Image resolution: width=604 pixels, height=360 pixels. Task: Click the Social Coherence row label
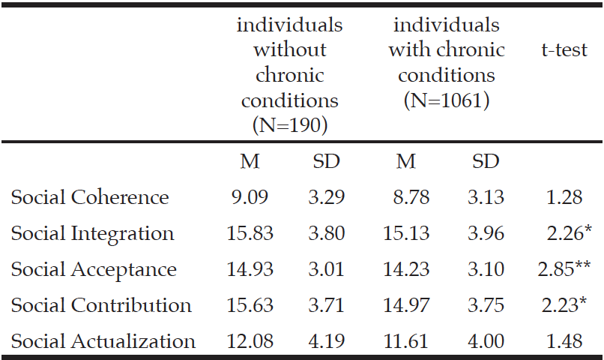[90, 197]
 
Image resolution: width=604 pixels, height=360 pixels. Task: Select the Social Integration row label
[92, 233]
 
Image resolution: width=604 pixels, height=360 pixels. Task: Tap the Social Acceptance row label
[94, 269]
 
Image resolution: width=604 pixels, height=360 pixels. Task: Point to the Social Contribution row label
[101, 305]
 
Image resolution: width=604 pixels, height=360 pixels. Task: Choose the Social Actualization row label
[103, 341]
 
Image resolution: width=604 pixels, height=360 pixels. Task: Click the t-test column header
[564, 49]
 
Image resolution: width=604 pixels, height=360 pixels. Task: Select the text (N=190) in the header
[290, 125]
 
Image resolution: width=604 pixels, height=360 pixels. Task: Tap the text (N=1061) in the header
[447, 100]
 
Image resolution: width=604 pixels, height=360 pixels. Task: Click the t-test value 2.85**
[564, 269]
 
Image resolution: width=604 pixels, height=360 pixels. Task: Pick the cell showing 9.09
[250, 197]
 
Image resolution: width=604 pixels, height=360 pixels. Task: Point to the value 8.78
[411, 197]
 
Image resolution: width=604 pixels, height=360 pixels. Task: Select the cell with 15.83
[250, 233]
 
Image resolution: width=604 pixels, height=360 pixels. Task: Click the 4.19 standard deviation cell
[327, 341]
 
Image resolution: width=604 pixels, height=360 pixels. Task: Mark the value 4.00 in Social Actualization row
[486, 341]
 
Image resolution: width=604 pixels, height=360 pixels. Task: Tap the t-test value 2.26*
[570, 233]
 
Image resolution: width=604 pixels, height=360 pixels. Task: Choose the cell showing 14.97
[406, 305]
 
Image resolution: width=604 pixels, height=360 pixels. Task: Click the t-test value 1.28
[564, 197]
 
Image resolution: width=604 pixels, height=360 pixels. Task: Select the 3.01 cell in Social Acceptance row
[326, 269]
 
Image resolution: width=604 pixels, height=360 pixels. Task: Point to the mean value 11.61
[405, 341]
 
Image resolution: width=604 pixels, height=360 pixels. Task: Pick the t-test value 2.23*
[564, 305]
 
